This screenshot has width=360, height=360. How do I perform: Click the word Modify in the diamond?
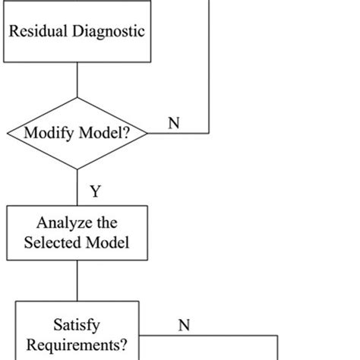pos(49,134)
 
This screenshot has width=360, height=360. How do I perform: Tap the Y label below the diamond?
pos(95,191)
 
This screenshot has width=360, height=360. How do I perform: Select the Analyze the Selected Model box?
pos(77,234)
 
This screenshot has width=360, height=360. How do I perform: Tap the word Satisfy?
pos(77,324)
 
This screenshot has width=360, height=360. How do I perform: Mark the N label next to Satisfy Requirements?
pos(183,325)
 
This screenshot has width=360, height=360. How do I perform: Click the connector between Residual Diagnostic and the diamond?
pos(77,80)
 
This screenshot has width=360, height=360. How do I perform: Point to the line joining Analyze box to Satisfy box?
pos(77,280)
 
